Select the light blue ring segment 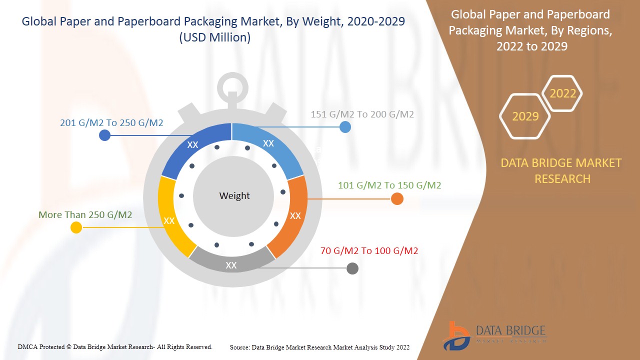(270, 145)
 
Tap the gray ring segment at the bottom (231, 263)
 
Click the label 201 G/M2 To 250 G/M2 (111, 122)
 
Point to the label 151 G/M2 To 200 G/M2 (362, 114)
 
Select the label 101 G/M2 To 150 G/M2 (389, 185)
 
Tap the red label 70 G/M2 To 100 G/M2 (369, 250)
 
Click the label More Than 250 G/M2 (85, 214)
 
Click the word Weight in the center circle (234, 196)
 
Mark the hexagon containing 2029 (525, 116)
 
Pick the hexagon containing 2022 (562, 93)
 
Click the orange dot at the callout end (397, 199)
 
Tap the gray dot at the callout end (352, 268)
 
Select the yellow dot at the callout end (76, 227)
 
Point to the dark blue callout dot (104, 135)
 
